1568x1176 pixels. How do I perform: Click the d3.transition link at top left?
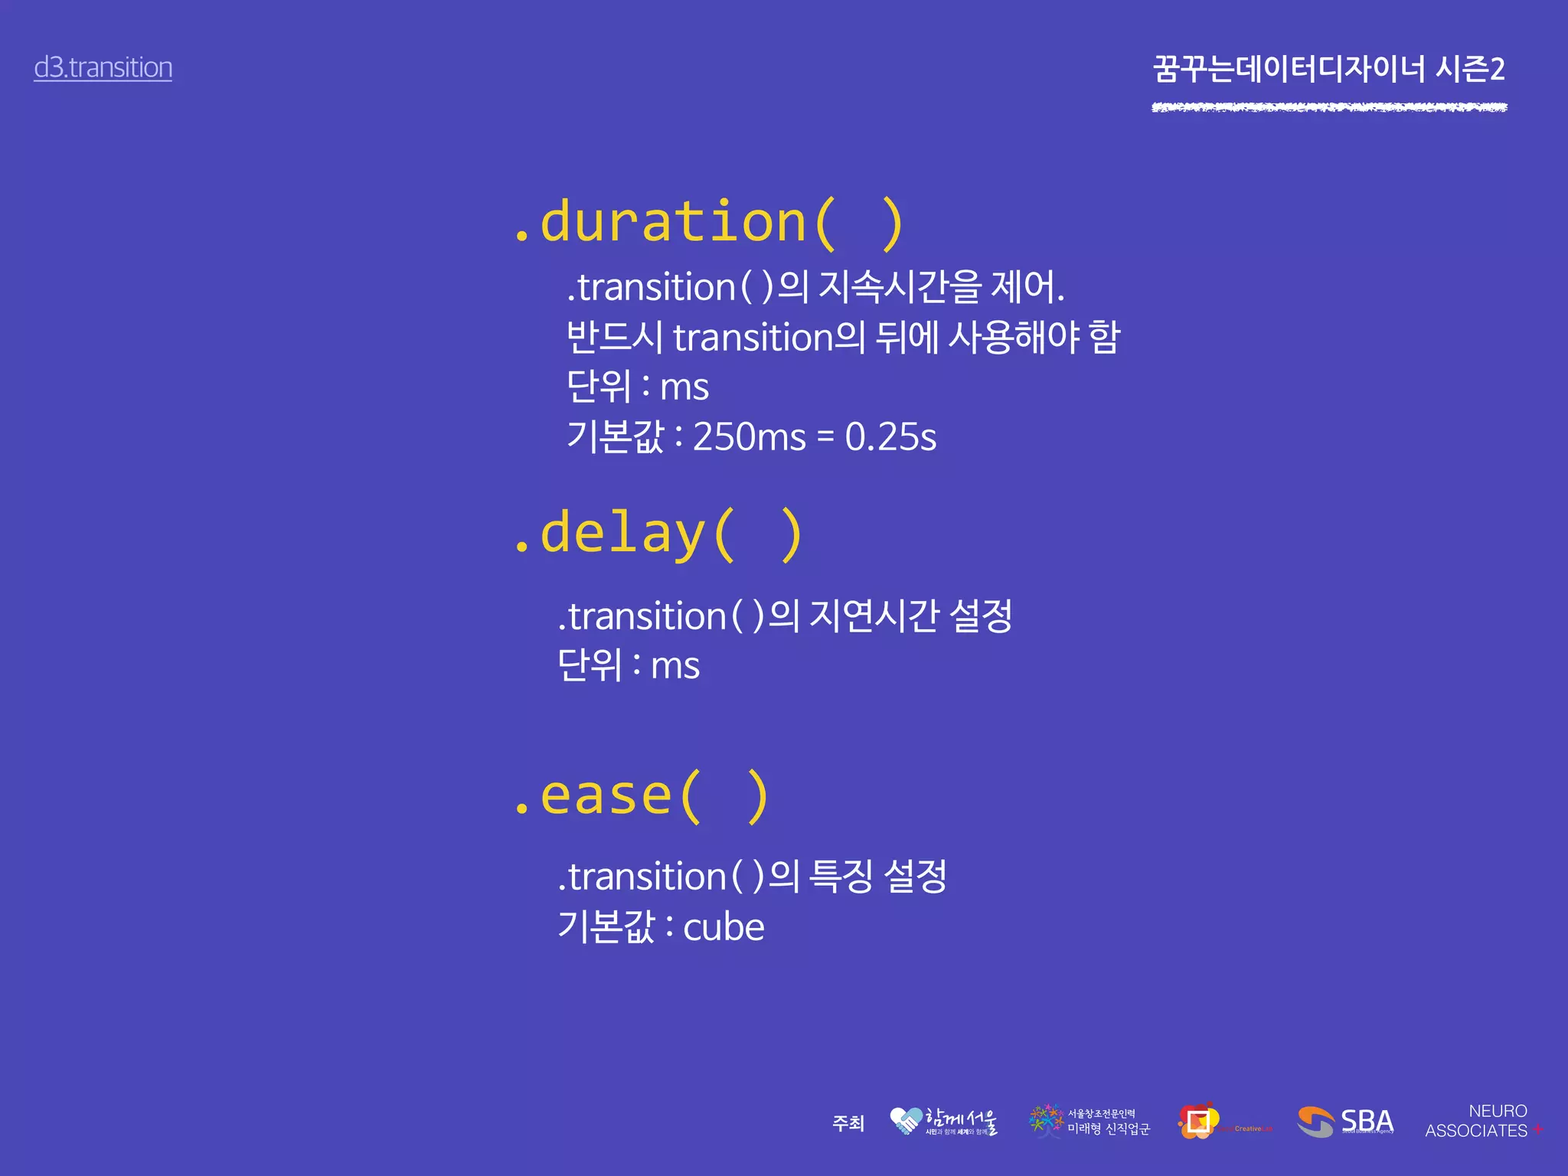click(x=103, y=67)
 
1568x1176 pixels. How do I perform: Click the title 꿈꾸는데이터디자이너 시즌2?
click(x=1328, y=69)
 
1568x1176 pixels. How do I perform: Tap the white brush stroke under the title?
click(x=1328, y=107)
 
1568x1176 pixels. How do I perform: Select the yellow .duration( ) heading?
click(x=708, y=223)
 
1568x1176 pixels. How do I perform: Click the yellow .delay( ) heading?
click(x=658, y=534)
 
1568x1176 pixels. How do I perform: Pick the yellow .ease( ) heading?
click(x=641, y=796)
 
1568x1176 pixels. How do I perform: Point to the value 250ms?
click(x=749, y=437)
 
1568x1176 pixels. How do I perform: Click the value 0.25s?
click(x=890, y=437)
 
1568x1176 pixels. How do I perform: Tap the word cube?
click(x=723, y=928)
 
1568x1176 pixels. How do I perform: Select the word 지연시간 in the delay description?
click(x=874, y=616)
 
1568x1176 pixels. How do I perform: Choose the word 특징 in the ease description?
click(x=841, y=876)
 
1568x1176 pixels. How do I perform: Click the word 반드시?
click(x=614, y=337)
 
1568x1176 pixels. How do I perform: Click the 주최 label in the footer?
click(x=848, y=1123)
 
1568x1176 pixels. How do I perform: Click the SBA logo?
click(x=1345, y=1122)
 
